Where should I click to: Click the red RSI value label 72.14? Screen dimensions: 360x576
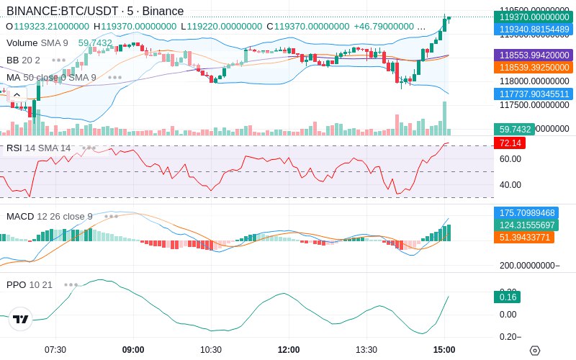(509, 143)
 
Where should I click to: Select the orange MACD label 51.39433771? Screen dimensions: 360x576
(523, 237)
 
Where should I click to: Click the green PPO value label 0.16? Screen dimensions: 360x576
(506, 297)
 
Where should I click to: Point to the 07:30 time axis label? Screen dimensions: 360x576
(55, 350)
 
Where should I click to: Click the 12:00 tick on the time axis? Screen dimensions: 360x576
(289, 350)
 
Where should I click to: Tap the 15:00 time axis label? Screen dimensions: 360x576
(444, 350)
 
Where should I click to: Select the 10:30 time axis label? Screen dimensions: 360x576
(211, 350)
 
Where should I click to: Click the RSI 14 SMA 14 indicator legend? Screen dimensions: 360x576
(39, 148)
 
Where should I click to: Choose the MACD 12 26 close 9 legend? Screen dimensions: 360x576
(50, 216)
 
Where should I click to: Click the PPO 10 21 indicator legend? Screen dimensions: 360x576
(30, 284)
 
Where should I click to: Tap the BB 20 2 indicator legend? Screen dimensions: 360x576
(23, 60)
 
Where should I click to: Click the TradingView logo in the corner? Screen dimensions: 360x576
(21, 319)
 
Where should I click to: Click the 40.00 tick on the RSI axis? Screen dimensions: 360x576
(510, 184)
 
